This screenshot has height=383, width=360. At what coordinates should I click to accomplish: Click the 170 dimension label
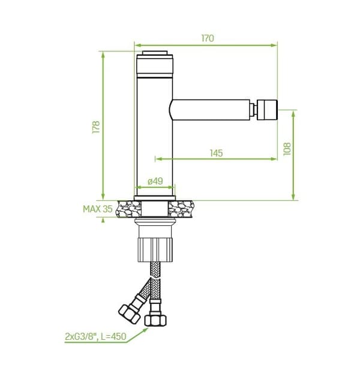click(208, 38)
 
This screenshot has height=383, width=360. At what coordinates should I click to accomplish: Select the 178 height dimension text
click(96, 127)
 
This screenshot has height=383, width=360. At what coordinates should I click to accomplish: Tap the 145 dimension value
click(217, 153)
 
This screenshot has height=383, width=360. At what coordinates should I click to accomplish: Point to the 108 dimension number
click(287, 149)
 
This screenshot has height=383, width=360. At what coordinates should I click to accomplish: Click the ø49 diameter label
click(155, 181)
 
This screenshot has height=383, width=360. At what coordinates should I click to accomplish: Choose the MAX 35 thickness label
click(98, 209)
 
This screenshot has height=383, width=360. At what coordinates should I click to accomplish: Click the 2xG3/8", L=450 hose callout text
click(95, 337)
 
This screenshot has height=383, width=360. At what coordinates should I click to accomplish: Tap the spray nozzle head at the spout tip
click(268, 110)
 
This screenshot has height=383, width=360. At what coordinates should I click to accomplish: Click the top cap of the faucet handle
click(155, 53)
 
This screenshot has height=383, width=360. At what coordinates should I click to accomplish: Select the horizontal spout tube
click(211, 110)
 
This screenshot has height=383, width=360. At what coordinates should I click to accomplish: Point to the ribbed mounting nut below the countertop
click(155, 250)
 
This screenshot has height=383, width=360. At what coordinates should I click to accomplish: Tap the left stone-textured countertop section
click(129, 209)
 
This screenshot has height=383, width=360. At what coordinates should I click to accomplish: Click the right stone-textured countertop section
click(181, 209)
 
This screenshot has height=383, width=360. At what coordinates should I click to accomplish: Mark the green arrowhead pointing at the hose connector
click(145, 330)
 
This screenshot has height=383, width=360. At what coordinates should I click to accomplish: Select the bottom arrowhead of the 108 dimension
click(294, 197)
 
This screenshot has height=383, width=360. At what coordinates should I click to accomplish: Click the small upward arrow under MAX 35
click(103, 220)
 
